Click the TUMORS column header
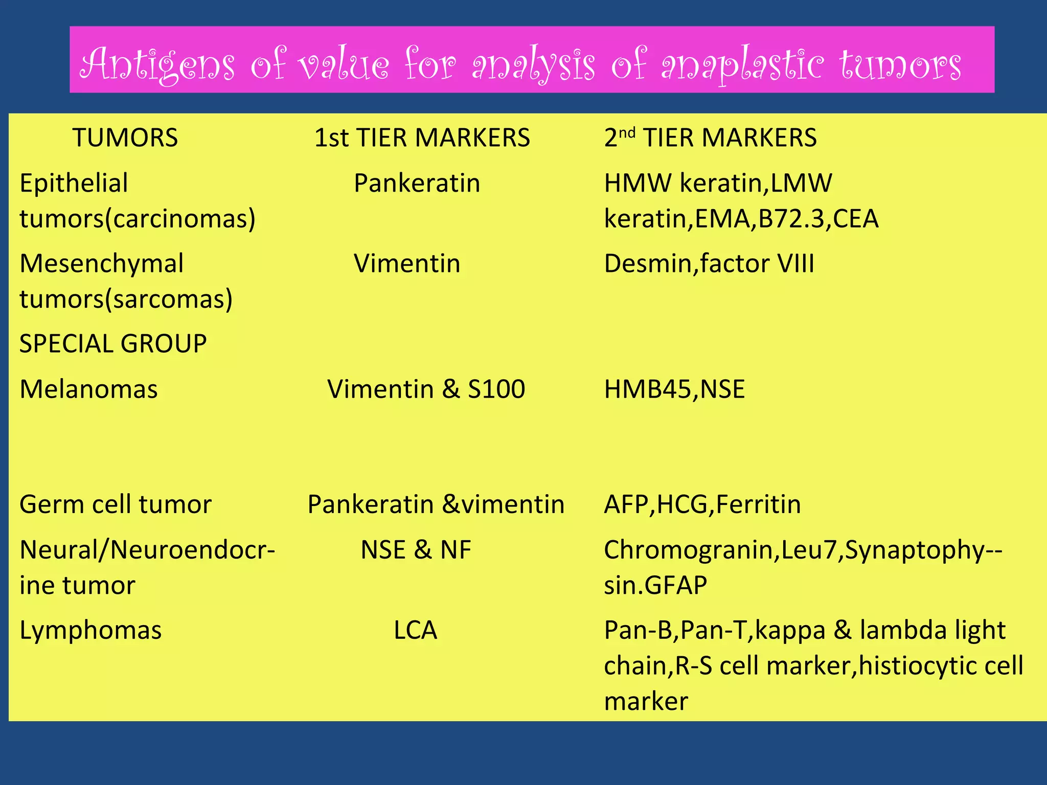click(125, 137)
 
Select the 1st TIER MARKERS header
click(422, 137)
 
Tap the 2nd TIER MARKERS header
click(710, 137)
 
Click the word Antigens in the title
click(158, 64)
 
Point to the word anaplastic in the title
click(742, 64)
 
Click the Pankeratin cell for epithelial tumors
click(417, 183)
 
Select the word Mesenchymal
click(101, 264)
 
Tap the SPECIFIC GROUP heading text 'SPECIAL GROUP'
click(113, 343)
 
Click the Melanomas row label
click(88, 389)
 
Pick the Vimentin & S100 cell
click(426, 389)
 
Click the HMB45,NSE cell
click(674, 389)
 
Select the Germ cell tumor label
click(115, 504)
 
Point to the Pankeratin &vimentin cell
click(436, 504)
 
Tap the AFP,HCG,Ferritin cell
click(702, 504)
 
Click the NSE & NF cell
click(416, 550)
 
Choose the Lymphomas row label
click(90, 630)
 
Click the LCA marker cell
click(415, 630)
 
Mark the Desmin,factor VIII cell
click(709, 264)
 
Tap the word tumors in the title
click(900, 64)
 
